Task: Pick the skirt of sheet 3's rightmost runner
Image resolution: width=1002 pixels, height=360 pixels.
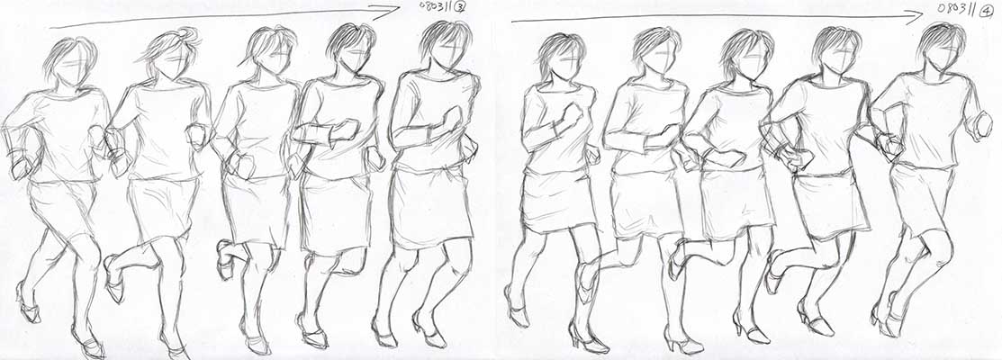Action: [432, 206]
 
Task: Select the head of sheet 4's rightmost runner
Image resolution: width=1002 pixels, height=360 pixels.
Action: [943, 48]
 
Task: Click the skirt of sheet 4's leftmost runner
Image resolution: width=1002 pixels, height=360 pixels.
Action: [558, 201]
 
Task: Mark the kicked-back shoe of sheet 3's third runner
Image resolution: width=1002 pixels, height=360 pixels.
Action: [224, 259]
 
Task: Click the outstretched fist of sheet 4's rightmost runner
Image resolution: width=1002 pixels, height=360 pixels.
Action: [983, 126]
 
